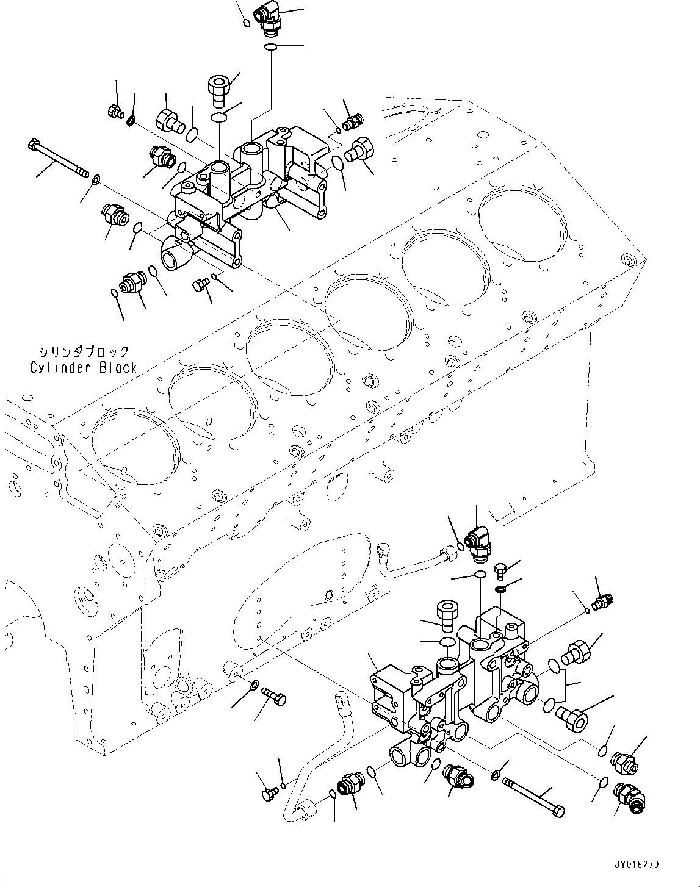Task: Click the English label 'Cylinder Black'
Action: (83, 368)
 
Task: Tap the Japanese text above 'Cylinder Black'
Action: (83, 352)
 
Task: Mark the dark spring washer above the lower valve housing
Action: (499, 589)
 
